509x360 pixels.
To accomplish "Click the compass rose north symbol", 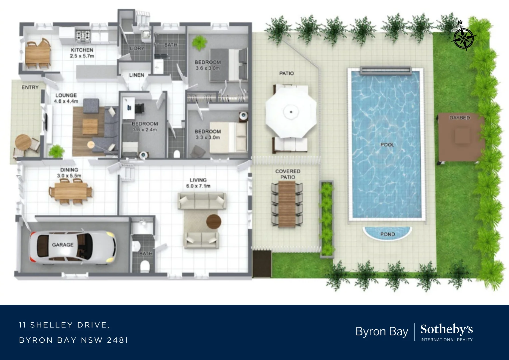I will click(463, 38).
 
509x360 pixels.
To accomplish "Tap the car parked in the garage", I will click(73, 247).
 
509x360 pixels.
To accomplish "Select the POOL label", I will click(387, 145).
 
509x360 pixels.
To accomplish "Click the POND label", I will click(387, 234).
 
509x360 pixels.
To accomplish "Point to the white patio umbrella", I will click(291, 112).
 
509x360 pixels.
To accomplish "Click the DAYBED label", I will click(460, 118).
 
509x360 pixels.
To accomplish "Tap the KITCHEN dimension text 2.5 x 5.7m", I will click(82, 56).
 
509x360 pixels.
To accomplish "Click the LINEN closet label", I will click(137, 75).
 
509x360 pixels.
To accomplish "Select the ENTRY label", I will click(30, 87).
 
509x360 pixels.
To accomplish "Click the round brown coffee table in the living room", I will click(214, 221).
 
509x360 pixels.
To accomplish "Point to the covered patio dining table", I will click(287, 204).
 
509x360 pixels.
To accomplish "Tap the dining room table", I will click(70, 192).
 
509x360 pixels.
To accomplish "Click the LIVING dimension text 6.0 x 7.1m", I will click(198, 186).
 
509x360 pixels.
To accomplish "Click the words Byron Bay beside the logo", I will click(381, 332).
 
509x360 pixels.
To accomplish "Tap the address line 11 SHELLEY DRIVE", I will click(64, 325).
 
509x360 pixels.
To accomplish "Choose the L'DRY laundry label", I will click(137, 48).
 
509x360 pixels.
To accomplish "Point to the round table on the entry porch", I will click(23, 142).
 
